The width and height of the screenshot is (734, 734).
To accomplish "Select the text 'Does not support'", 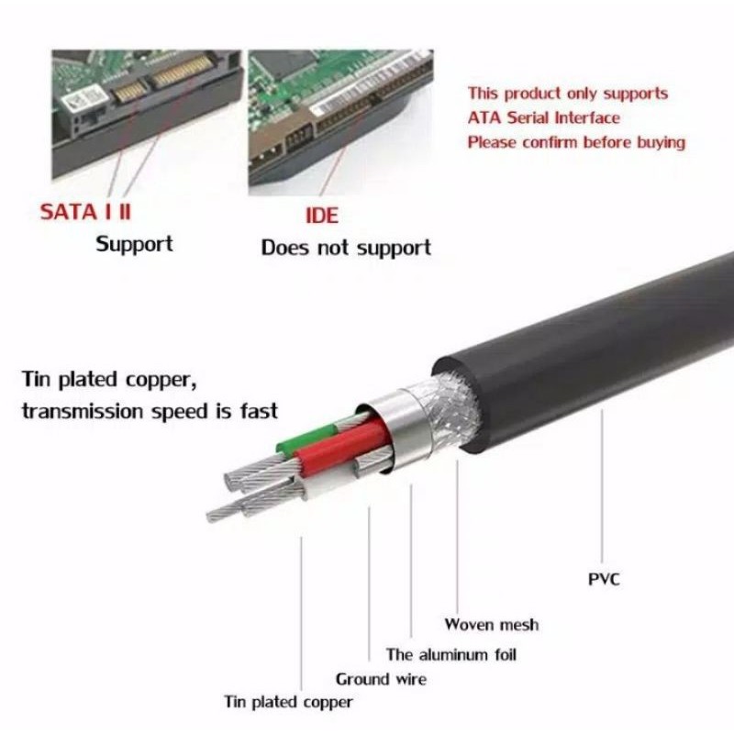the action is click(346, 248).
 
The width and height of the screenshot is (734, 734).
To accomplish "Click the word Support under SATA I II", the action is click(134, 244).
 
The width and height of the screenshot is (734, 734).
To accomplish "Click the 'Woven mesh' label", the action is click(492, 625).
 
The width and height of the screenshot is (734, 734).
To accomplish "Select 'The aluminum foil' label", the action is click(451, 655).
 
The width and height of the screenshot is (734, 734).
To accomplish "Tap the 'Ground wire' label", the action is click(381, 679).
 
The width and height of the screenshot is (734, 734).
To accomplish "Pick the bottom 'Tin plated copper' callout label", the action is click(289, 702).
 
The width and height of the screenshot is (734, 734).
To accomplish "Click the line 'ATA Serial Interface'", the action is click(543, 117).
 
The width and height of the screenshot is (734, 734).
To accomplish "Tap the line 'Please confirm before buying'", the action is click(576, 142).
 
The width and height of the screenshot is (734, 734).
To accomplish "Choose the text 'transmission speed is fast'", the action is click(150, 411).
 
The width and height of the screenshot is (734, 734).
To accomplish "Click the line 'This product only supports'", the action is click(567, 94).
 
